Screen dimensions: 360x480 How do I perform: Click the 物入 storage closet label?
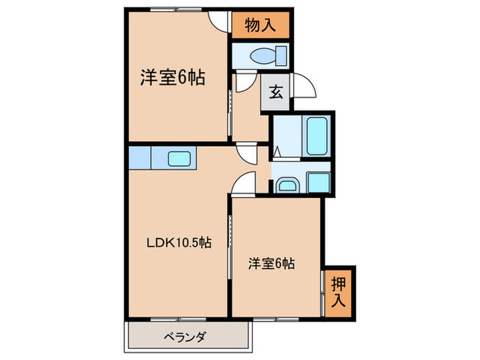tap(261, 26)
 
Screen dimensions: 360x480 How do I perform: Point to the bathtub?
tap(317, 136)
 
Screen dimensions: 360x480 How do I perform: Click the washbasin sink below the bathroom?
tap(286, 184)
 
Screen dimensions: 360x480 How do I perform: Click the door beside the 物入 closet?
tap(219, 20)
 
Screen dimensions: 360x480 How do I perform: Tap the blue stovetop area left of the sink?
tap(139, 158)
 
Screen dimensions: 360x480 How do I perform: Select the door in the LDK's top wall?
tap(245, 152)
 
